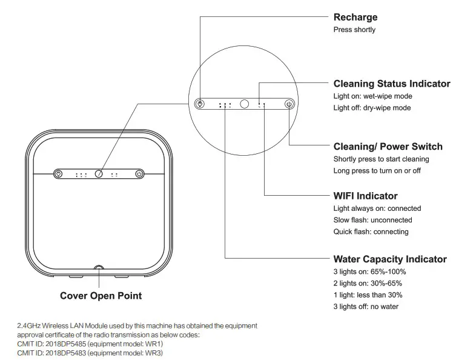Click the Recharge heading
click(355, 17)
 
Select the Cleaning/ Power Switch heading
click(388, 147)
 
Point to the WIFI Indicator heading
click(365, 196)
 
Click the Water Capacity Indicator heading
click(390, 259)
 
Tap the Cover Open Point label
click(101, 296)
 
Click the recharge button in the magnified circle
click(202, 104)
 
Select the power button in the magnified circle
click(289, 104)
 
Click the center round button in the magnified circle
click(245, 104)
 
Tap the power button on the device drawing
click(139, 174)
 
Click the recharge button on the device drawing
click(58, 174)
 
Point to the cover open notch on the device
click(99, 268)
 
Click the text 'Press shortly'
click(354, 30)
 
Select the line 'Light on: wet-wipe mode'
click(372, 96)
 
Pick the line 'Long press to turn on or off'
click(377, 171)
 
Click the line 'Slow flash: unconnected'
click(372, 220)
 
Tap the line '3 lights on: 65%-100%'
click(369, 272)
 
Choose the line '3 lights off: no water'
click(366, 307)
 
